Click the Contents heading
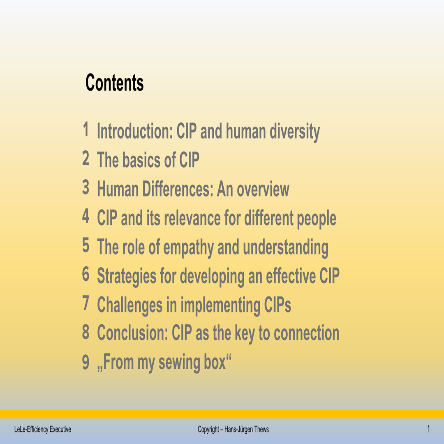pyautogui.click(x=114, y=83)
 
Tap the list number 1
pyautogui.click(x=86, y=130)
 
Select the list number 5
pyautogui.click(x=86, y=245)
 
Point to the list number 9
pyautogui.click(x=86, y=362)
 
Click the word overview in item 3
pyautogui.click(x=263, y=189)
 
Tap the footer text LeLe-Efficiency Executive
pyautogui.click(x=40, y=430)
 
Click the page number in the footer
pyautogui.click(x=428, y=430)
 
